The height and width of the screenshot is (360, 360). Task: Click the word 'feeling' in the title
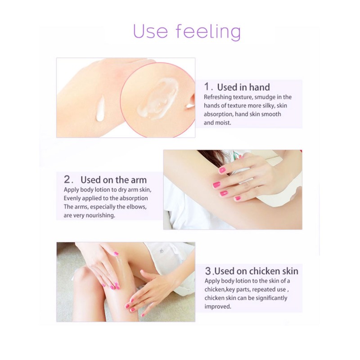click(208, 31)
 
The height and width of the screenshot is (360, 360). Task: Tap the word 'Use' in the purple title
click(150, 31)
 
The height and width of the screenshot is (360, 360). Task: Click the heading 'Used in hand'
click(243, 87)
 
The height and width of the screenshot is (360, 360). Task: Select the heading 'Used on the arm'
click(113, 180)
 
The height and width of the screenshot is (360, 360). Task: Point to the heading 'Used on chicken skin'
click(256, 271)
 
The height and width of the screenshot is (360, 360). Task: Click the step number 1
click(207, 87)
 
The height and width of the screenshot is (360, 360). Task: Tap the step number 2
click(67, 180)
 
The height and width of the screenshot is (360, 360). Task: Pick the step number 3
click(208, 271)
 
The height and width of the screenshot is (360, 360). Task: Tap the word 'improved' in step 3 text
click(218, 307)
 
